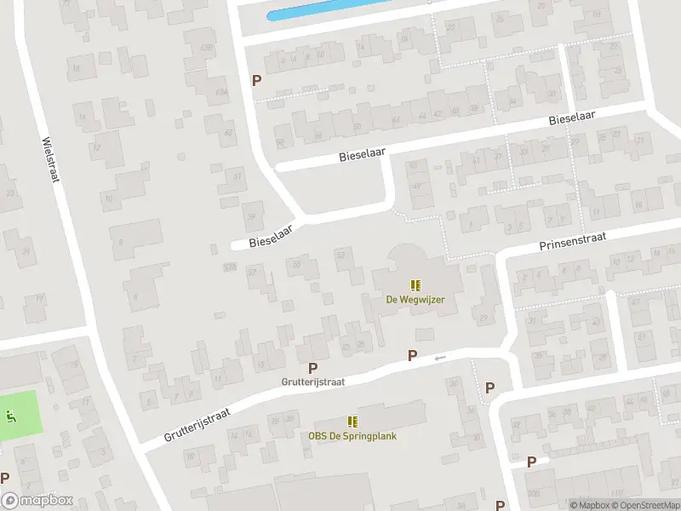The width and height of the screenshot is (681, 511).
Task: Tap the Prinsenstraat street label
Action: (x=572, y=241)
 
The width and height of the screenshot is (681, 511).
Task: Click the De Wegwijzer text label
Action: (x=415, y=300)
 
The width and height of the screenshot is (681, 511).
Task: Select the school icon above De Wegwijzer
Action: (x=415, y=285)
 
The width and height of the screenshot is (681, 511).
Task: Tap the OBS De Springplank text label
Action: (x=352, y=436)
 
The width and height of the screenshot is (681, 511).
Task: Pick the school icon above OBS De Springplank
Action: (x=352, y=422)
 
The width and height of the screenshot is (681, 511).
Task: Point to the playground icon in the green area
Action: (x=11, y=416)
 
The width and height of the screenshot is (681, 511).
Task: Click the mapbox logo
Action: (x=37, y=501)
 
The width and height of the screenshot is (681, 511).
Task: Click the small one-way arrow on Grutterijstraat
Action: (x=439, y=358)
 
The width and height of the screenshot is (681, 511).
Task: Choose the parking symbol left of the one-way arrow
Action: (x=412, y=356)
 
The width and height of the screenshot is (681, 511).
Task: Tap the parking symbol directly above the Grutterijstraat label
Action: (x=313, y=368)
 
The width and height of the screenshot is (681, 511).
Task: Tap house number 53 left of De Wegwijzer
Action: (x=342, y=254)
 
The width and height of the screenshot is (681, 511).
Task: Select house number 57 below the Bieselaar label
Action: (x=252, y=273)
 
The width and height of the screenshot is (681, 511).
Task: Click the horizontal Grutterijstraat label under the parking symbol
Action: (x=313, y=382)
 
